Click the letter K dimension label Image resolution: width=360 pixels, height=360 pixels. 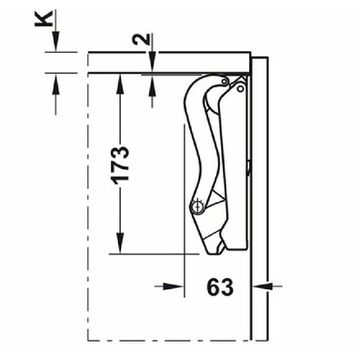point(43,19)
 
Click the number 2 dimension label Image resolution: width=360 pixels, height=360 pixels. point(141,38)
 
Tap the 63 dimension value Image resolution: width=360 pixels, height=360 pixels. point(220,286)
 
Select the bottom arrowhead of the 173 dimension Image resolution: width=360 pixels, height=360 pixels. point(120,243)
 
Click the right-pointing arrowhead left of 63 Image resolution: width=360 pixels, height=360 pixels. point(174,285)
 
